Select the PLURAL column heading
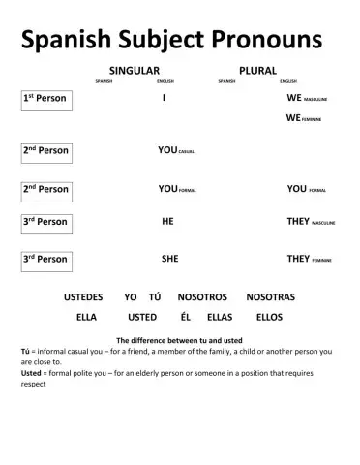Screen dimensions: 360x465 [x=257, y=71]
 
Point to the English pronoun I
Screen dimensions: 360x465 [x=165, y=99]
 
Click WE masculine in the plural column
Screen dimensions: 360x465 [x=307, y=99]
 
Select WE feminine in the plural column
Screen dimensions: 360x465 [x=304, y=118]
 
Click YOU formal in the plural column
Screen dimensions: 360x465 [x=306, y=189]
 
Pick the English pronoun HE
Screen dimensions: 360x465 [x=167, y=221]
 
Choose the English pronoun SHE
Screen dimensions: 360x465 [x=169, y=259]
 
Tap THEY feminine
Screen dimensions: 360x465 [x=309, y=259]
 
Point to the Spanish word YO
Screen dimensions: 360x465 [x=131, y=296]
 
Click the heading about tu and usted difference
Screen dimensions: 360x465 [x=180, y=340]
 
